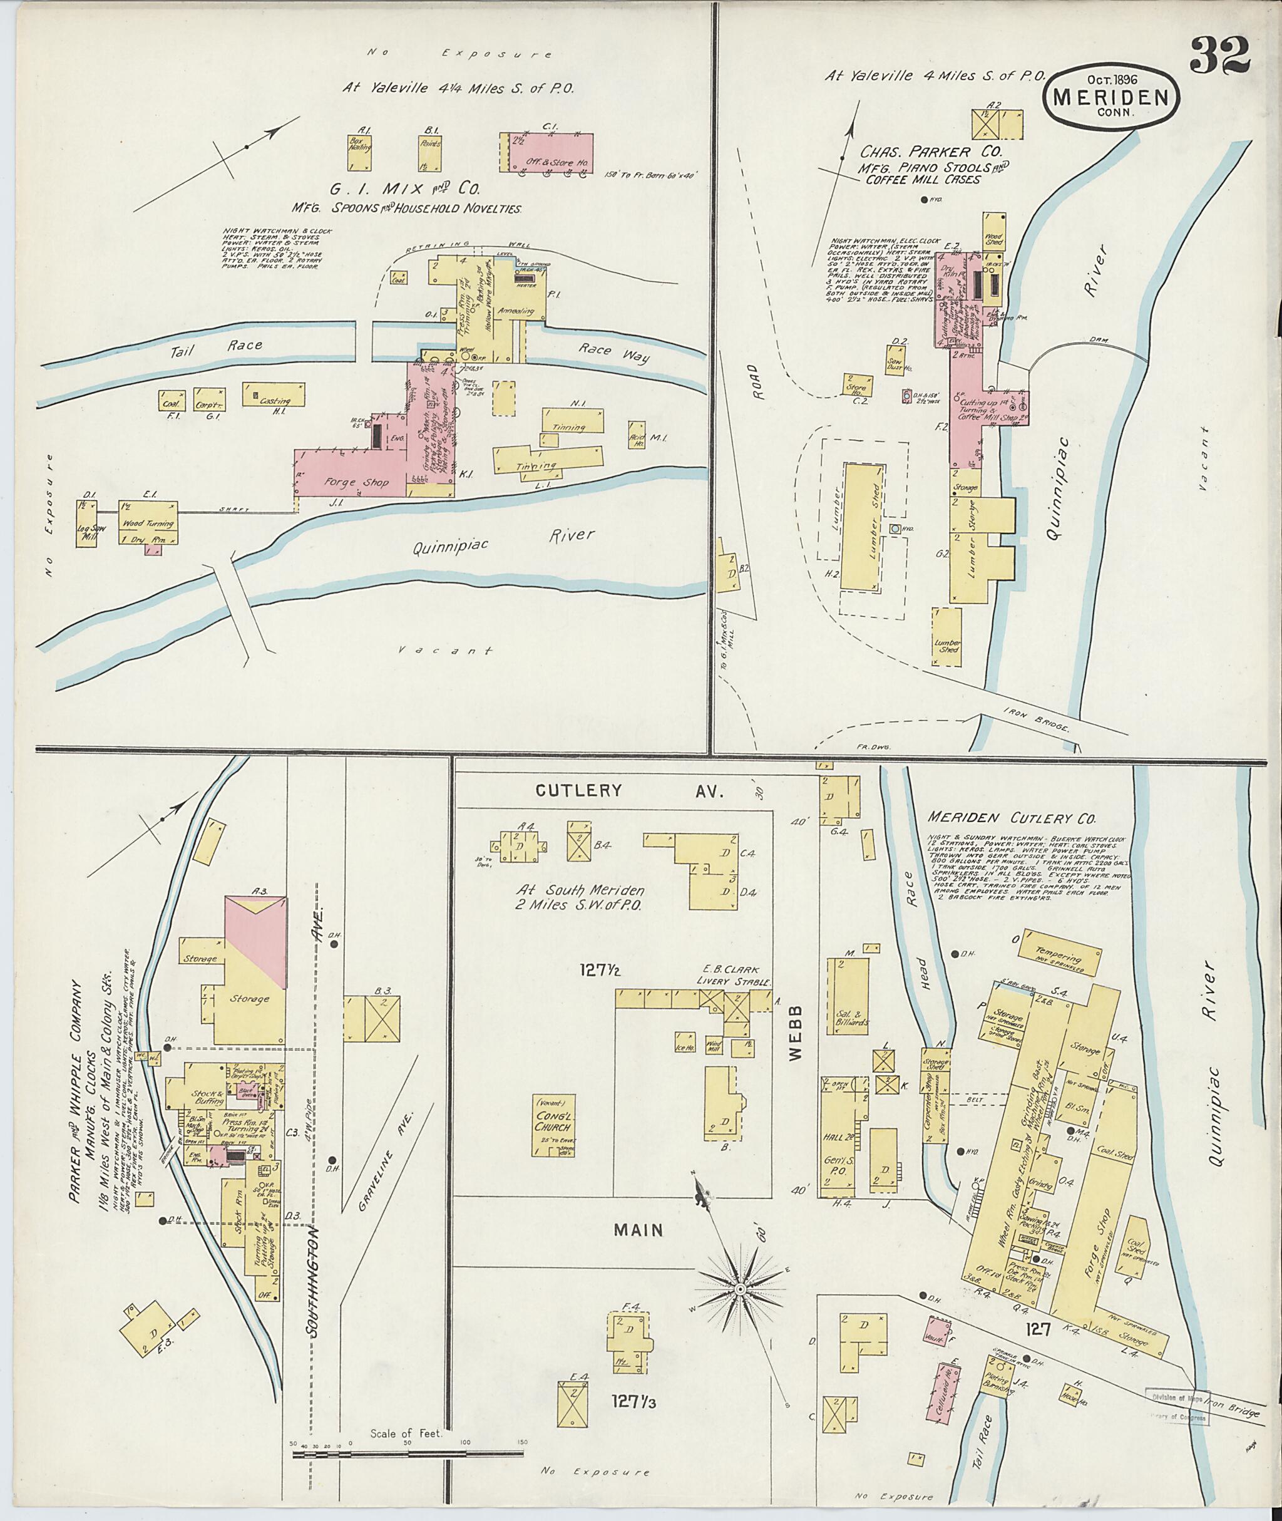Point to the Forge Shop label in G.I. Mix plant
[x=356, y=482]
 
